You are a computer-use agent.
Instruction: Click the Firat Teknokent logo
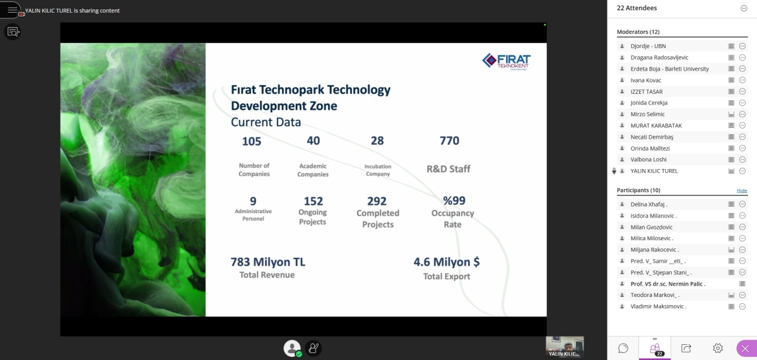(506, 62)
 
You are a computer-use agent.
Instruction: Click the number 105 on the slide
(252, 141)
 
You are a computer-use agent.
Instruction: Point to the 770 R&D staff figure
(449, 141)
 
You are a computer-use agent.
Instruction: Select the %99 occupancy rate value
(454, 200)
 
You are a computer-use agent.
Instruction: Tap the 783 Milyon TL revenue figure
(267, 262)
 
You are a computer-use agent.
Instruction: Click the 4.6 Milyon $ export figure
(447, 262)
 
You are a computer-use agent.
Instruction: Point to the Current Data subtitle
(266, 122)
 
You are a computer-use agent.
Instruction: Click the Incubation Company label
(378, 170)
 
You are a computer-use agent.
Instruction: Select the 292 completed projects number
(377, 201)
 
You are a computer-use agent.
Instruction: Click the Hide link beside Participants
(742, 190)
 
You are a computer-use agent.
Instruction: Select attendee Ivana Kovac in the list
(645, 80)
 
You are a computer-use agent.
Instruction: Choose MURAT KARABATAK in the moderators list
(656, 125)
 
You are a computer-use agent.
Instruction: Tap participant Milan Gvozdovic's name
(651, 227)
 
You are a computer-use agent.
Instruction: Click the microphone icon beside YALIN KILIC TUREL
(614, 171)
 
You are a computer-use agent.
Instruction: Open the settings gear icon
(717, 348)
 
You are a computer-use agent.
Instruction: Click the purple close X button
(745, 349)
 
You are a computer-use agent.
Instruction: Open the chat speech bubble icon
(623, 348)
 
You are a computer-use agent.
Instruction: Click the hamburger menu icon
(12, 10)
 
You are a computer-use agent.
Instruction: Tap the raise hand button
(314, 348)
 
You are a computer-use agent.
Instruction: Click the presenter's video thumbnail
(565, 347)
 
